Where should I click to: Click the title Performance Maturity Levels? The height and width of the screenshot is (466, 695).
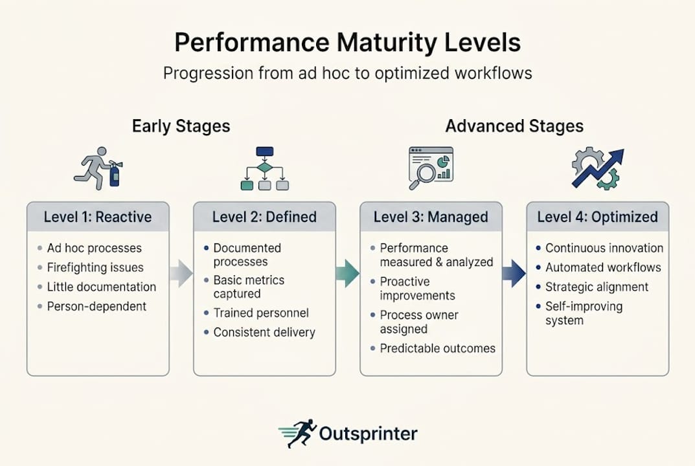347,43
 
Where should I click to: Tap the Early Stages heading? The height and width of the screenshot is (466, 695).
181,126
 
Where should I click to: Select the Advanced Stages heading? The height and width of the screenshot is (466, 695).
514,126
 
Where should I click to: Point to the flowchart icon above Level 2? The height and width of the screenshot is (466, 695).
264,169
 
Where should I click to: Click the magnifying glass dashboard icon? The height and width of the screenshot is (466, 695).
430,168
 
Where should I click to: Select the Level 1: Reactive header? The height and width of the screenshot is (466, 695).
97,217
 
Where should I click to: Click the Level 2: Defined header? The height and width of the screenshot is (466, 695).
264,217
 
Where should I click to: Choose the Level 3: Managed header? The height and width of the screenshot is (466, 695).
431,217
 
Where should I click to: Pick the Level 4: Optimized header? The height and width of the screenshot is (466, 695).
597,217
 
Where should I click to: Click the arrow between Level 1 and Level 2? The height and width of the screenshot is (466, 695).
181,274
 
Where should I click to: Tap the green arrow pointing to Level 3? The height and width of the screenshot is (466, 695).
348,274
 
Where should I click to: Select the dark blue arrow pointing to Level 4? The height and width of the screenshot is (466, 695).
514,274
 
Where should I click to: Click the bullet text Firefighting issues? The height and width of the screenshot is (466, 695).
95,267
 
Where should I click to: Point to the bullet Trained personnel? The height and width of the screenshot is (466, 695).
261,313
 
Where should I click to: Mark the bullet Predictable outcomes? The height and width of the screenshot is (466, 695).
437,348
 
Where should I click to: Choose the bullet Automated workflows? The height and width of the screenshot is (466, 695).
603,267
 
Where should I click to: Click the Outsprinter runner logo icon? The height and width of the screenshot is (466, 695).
298,434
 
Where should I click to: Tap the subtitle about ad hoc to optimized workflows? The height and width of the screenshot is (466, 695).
347,72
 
